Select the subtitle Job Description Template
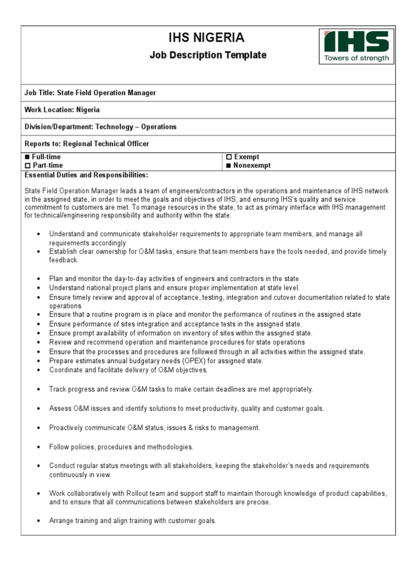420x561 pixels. pos(208,55)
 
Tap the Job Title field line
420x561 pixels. pos(90,93)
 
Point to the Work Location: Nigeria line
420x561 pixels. pos(62,110)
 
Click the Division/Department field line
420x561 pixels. pos(101,127)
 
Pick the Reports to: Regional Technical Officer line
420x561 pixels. pos(86,144)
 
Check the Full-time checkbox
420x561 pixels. pos(27,157)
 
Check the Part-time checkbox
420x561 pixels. pos(27,165)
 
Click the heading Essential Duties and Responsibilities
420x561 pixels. pos(86,175)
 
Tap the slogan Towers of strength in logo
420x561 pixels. pos(356,58)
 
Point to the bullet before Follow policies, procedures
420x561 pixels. pos(38,448)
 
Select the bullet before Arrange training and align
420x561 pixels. pos(38,521)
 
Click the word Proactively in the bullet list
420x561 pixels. pos(67,427)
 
